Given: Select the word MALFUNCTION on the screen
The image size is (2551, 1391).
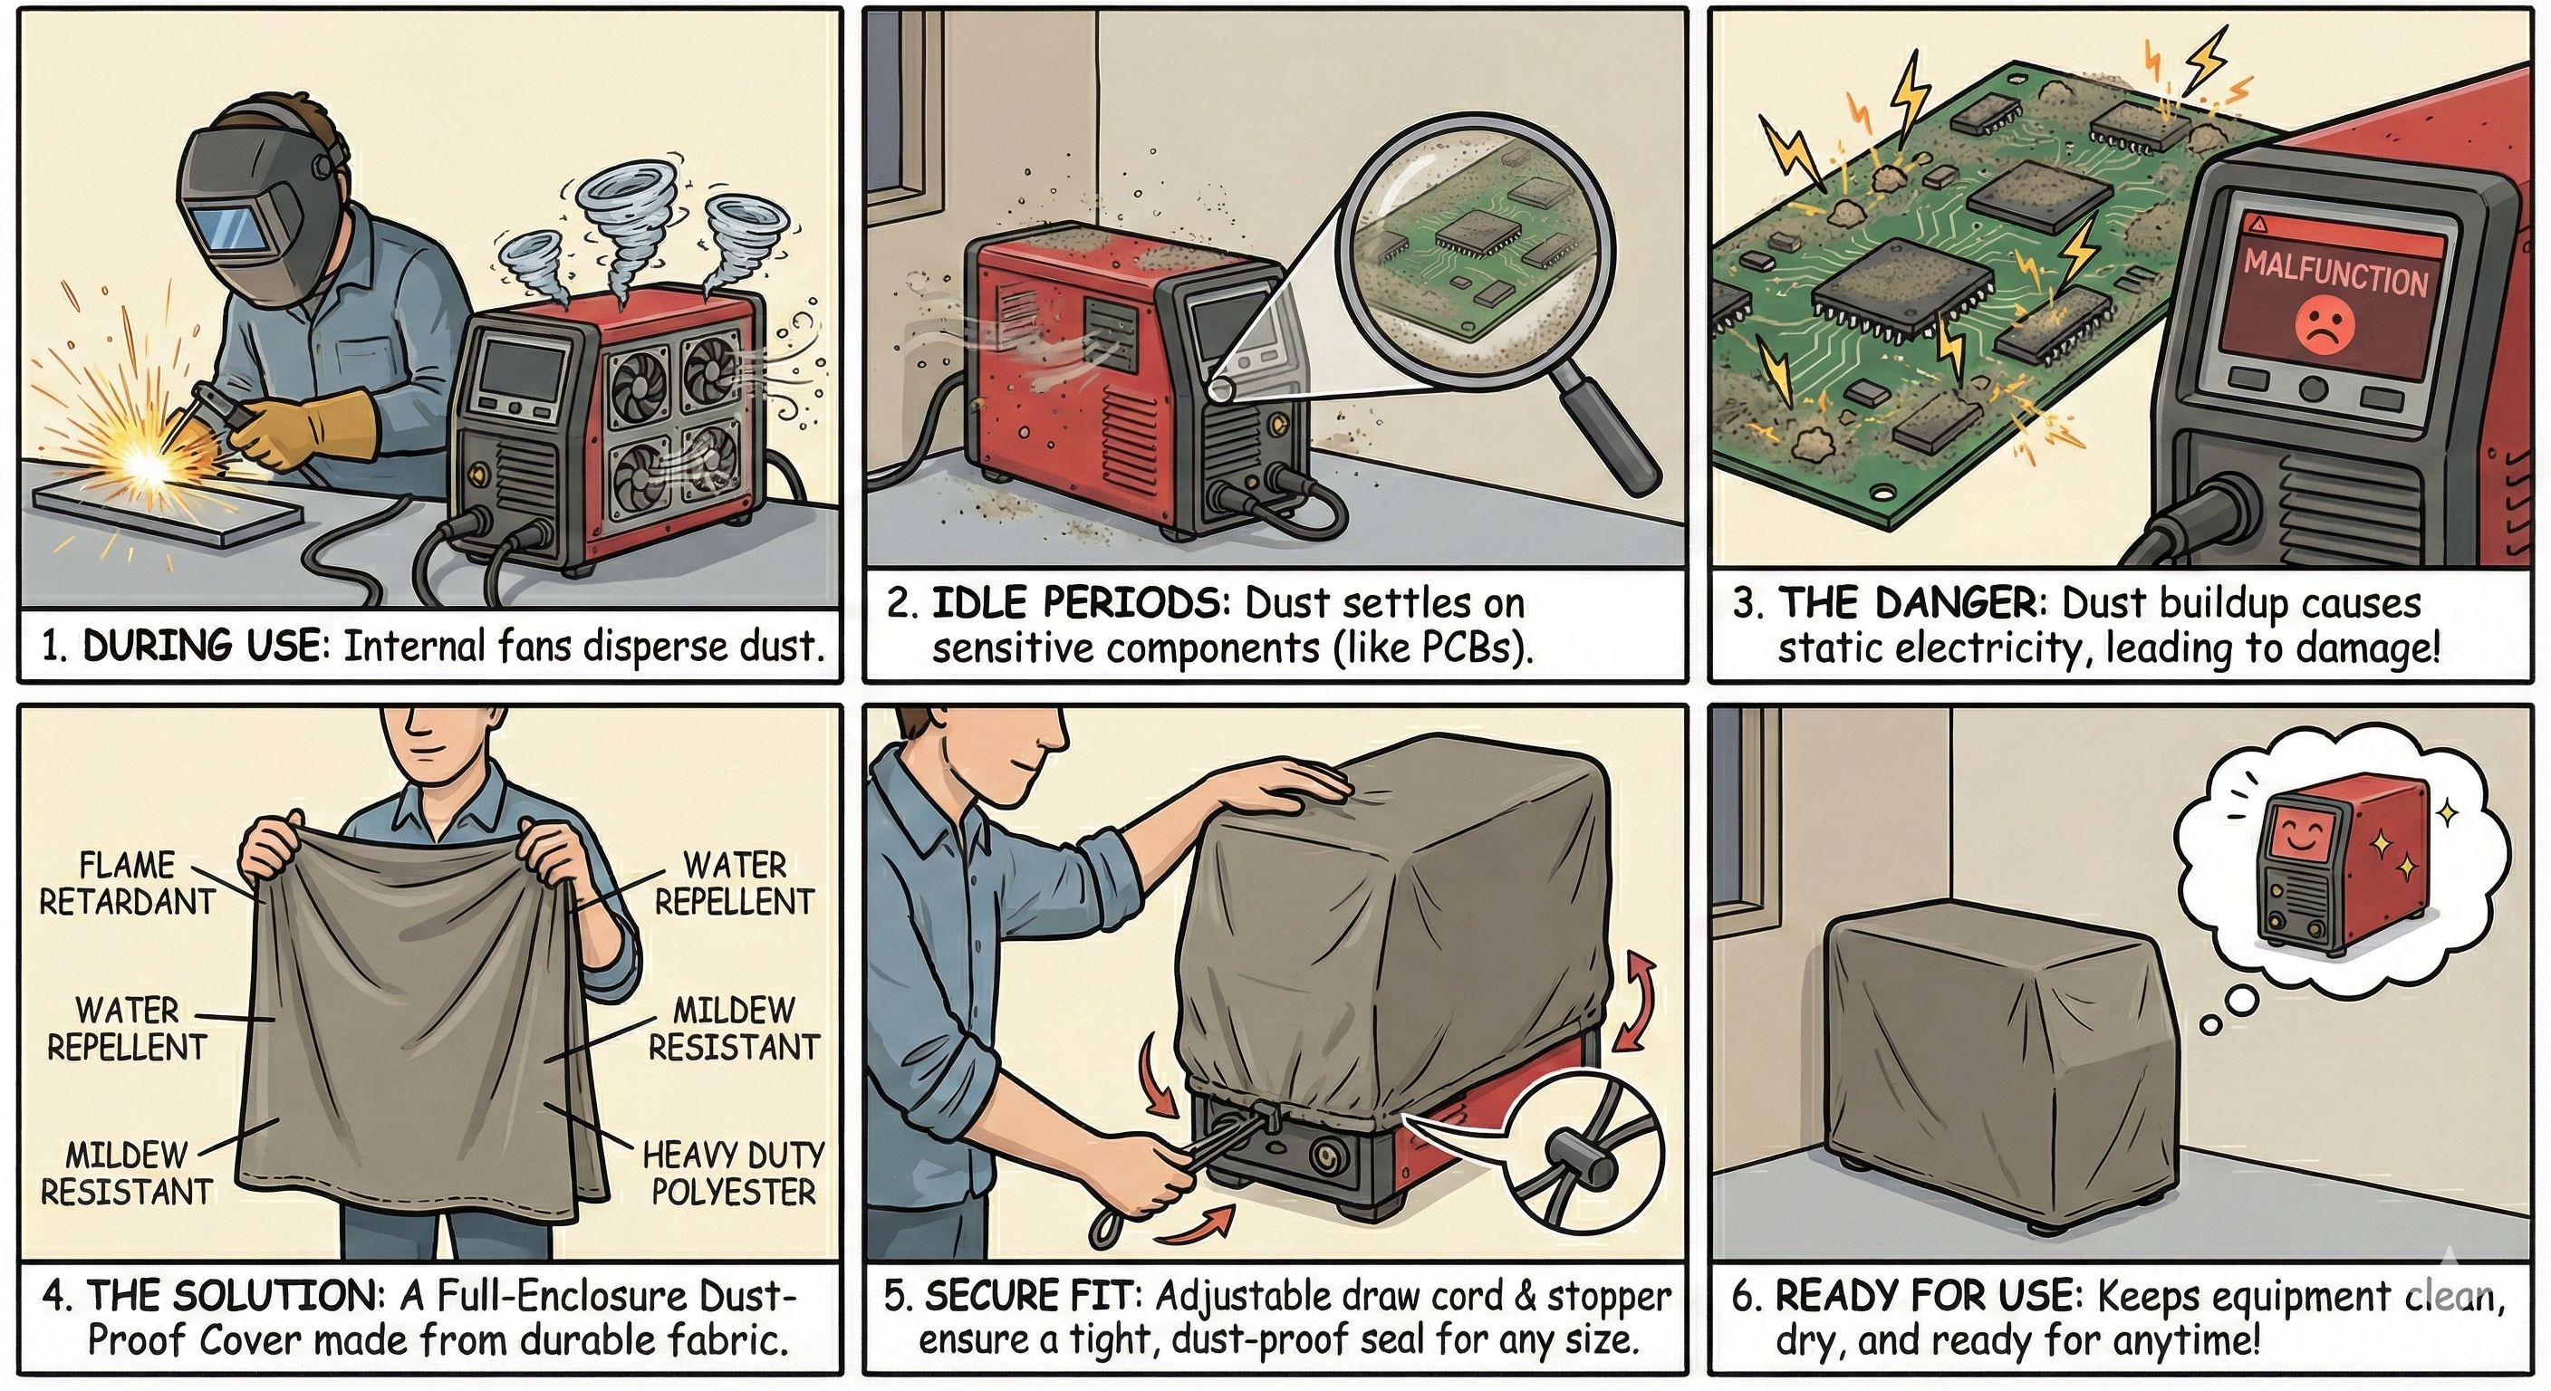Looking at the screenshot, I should (x=2334, y=274).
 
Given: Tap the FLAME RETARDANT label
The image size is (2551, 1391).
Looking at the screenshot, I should (x=127, y=883).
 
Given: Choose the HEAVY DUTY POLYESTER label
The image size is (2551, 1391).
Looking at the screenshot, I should (x=733, y=1172).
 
